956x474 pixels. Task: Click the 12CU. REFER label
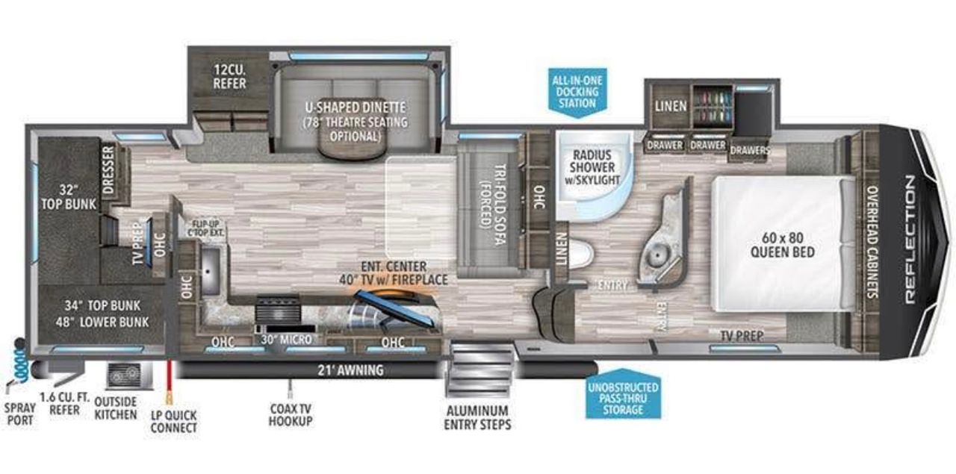pyautogui.click(x=229, y=76)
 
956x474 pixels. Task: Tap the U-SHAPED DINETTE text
pyautogui.click(x=355, y=107)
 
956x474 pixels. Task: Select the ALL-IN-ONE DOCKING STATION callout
pyautogui.click(x=577, y=92)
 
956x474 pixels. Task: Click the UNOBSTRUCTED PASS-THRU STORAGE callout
pyautogui.click(x=623, y=394)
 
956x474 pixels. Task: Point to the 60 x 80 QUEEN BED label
pyautogui.click(x=782, y=245)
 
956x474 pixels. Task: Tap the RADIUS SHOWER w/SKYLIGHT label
pyautogui.click(x=592, y=167)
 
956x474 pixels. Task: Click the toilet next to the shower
pyautogui.click(x=580, y=254)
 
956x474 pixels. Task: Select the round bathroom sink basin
pyautogui.click(x=658, y=255)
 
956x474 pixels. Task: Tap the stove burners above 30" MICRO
pyautogui.click(x=278, y=309)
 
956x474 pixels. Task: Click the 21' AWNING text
pyautogui.click(x=350, y=370)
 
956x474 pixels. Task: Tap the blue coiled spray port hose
pyautogui.click(x=20, y=361)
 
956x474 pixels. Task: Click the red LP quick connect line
pyautogui.click(x=169, y=379)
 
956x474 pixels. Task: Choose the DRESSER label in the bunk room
pyautogui.click(x=108, y=169)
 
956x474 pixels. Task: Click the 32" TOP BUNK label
pyautogui.click(x=69, y=196)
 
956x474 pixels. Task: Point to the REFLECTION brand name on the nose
pyautogui.click(x=910, y=240)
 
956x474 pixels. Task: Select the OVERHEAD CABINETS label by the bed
pyautogui.click(x=873, y=242)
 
